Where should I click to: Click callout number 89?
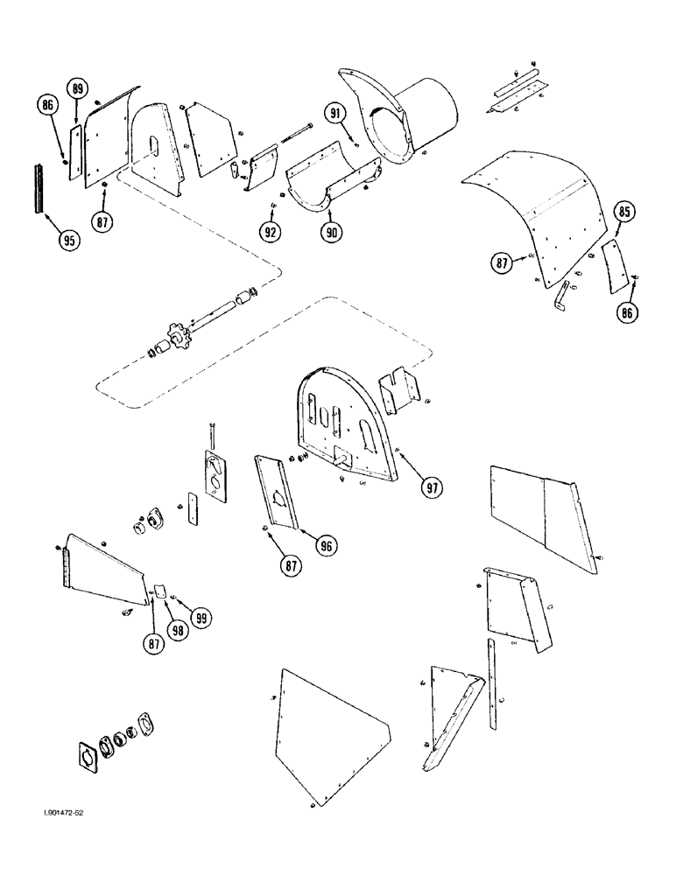[78, 89]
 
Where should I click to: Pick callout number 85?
[624, 212]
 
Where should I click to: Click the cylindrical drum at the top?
[429, 112]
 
